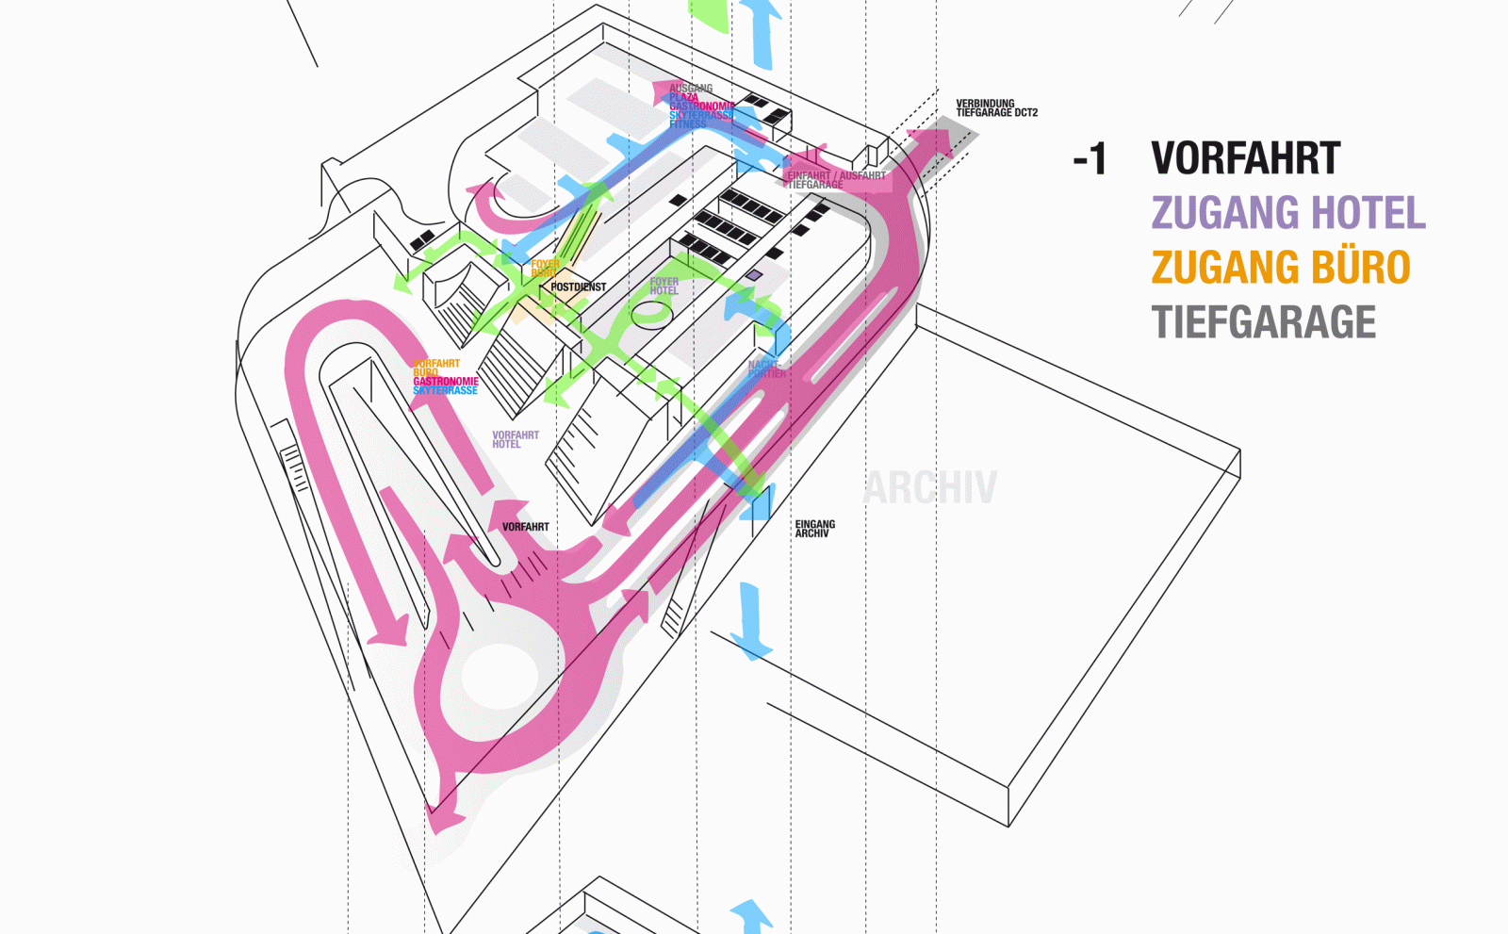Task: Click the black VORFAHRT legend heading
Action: coord(1245,158)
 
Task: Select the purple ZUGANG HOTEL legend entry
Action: coord(1287,212)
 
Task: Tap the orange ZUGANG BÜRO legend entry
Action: coord(1280,267)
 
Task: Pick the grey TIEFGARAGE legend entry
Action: coord(1263,322)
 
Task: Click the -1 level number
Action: coord(1090,159)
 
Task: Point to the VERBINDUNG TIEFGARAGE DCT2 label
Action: coord(996,108)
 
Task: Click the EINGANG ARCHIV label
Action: coord(814,529)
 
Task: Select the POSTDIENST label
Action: coord(578,287)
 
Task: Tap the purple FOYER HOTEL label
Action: coord(664,287)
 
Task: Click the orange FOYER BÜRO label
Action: coord(544,269)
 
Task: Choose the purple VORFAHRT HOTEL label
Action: coord(515,439)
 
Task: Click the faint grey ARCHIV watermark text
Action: coord(929,488)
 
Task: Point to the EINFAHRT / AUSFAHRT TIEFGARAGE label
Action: coord(835,180)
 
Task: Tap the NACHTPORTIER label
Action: coord(766,369)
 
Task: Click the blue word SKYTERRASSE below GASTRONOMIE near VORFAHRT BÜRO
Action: coord(445,390)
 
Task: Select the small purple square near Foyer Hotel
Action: coord(753,275)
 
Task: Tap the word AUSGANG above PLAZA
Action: coord(691,89)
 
